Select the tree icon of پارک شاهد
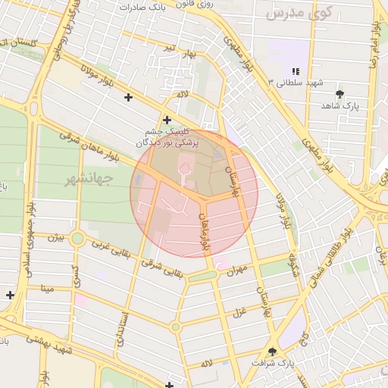tap(339, 94)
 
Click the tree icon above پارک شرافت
tap(273, 351)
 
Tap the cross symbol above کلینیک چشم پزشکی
tap(167, 119)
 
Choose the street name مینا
tap(48, 289)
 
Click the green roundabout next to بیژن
tap(77, 239)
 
